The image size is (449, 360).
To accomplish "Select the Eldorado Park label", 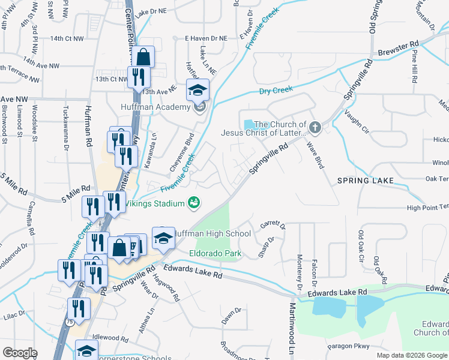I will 215,254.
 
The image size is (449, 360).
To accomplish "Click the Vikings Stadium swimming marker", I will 193,203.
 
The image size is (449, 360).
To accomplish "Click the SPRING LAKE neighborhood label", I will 364,181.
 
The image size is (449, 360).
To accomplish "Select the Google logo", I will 20,353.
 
